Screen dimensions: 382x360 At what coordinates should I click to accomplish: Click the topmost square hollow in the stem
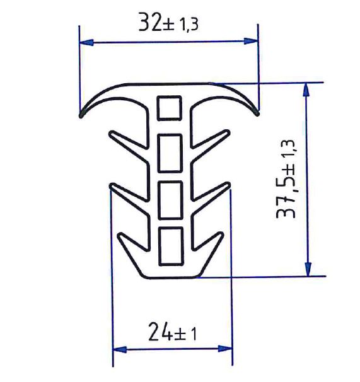click(x=169, y=108)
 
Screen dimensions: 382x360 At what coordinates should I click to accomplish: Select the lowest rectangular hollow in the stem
click(x=169, y=246)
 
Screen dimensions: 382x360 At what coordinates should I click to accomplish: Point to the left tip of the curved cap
click(x=81, y=115)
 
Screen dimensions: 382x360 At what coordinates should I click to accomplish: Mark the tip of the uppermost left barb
click(x=112, y=133)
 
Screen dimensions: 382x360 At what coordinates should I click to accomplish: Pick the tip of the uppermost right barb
click(x=226, y=133)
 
